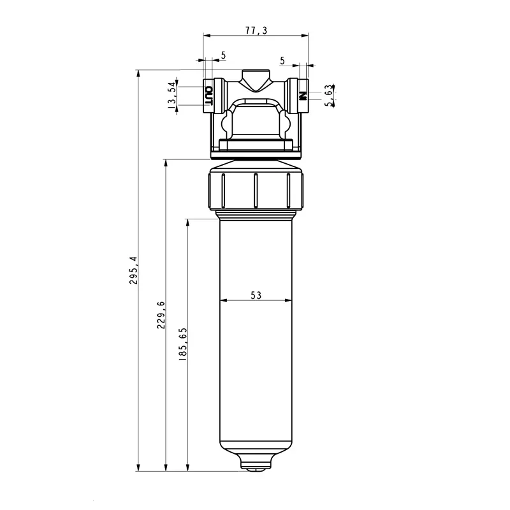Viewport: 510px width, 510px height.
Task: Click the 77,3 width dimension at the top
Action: [x=255, y=30]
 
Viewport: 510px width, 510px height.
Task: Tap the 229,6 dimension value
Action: [x=161, y=315]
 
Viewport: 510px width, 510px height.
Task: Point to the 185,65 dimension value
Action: [x=183, y=345]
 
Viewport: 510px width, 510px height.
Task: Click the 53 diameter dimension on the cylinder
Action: [x=256, y=295]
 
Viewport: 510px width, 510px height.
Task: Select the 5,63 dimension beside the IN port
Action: [x=328, y=96]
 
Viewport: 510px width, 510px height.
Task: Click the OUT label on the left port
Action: [x=208, y=96]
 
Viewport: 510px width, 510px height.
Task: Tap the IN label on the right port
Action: [x=303, y=96]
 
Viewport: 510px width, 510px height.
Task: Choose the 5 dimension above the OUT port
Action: [x=223, y=56]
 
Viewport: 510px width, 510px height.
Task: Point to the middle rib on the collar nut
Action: [x=255, y=190]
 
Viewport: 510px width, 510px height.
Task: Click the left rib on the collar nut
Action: [x=223, y=190]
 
